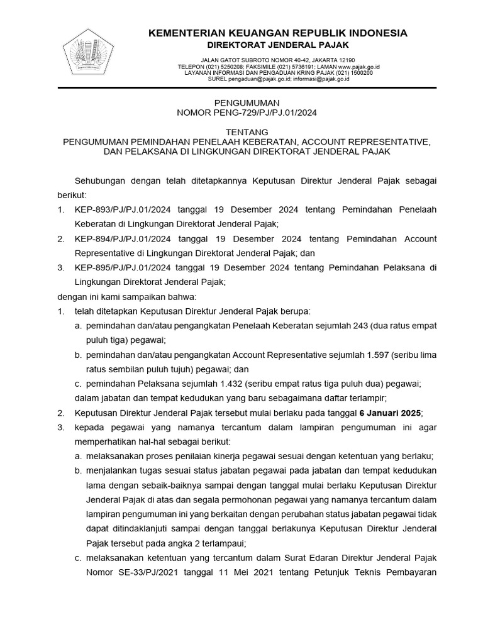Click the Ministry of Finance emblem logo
coord(89,51)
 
